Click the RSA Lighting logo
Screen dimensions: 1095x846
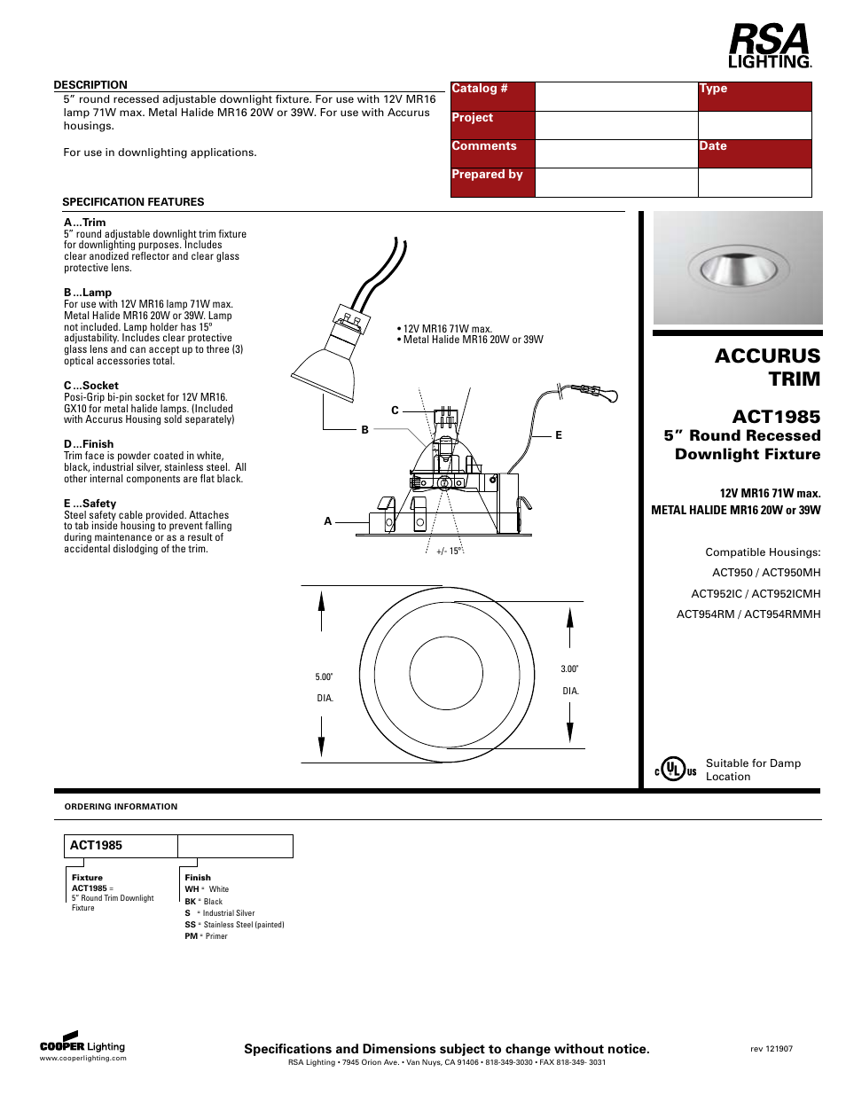coord(769,46)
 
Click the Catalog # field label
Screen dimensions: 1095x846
coord(480,89)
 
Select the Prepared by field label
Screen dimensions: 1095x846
coord(487,175)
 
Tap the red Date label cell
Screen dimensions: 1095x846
coord(754,153)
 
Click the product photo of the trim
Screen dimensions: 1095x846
coord(738,267)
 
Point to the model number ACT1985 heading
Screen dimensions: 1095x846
coord(776,417)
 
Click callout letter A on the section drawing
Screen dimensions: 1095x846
coord(328,521)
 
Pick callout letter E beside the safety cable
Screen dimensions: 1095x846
coord(559,435)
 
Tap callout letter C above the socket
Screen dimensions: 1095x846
coord(395,411)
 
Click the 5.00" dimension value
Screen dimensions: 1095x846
coord(325,677)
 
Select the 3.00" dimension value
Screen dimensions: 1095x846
coord(569,669)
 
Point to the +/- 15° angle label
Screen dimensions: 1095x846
coord(449,551)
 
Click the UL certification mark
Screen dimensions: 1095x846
coord(676,770)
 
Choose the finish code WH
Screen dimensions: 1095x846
coord(192,889)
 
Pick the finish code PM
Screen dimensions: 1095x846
coord(192,936)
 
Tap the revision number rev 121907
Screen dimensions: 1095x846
coord(772,1049)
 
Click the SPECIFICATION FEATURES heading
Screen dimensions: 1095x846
coord(133,202)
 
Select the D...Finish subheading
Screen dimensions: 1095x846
coord(89,444)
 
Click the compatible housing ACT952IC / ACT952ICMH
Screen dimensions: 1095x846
coord(756,594)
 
